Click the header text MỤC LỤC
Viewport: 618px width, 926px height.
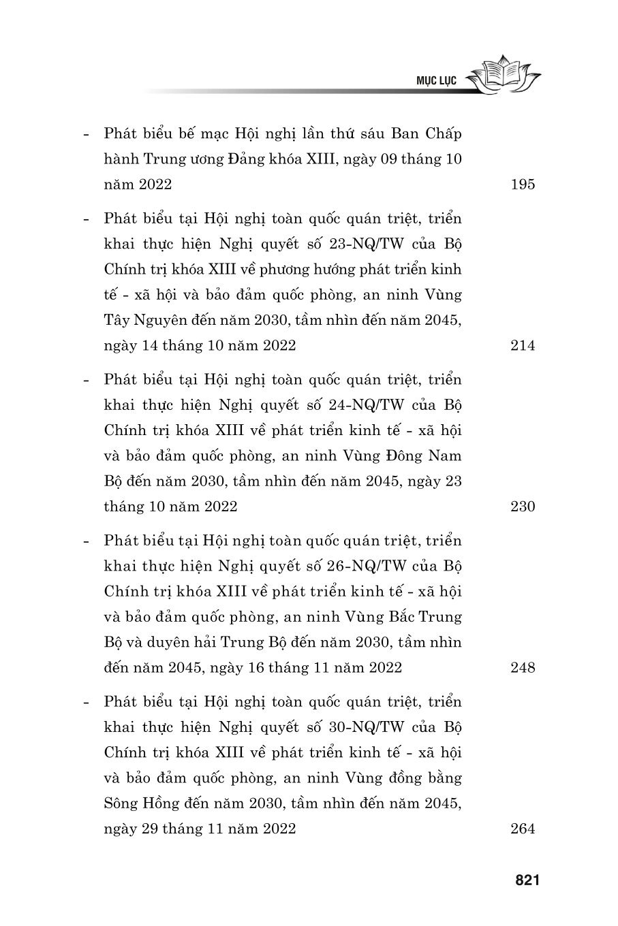[x=436, y=80]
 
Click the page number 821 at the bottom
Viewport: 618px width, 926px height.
[x=527, y=880]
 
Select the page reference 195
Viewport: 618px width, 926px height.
[x=523, y=184]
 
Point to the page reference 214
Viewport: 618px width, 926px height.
[x=523, y=345]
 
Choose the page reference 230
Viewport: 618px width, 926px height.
[x=523, y=507]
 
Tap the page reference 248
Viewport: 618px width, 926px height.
[x=523, y=667]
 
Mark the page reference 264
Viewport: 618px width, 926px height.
[x=523, y=829]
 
